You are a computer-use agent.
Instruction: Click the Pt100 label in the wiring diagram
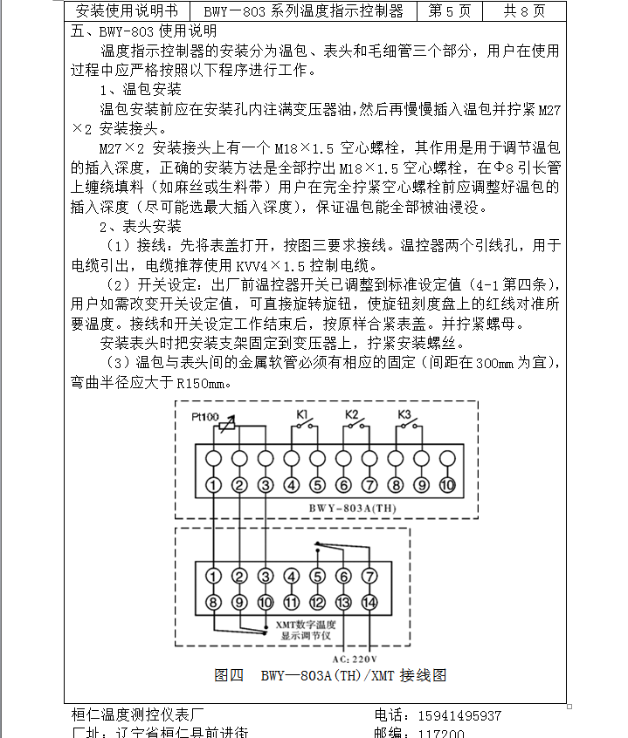205,417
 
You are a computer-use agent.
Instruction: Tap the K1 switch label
302,413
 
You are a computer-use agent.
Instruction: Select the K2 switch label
353,413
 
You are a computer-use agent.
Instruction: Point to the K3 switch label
404,413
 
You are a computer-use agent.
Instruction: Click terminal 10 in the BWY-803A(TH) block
448,485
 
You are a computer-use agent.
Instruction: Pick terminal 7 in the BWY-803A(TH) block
369,485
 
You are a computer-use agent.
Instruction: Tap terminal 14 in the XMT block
369,602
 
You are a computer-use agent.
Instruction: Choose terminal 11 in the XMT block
291,602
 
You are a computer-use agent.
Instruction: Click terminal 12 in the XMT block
317,602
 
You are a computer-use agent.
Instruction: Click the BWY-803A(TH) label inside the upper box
343,505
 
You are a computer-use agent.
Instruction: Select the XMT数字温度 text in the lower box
306,625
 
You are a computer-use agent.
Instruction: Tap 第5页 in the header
450,10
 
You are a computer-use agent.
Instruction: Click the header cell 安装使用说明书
127,10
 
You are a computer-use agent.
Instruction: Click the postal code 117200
442,733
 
